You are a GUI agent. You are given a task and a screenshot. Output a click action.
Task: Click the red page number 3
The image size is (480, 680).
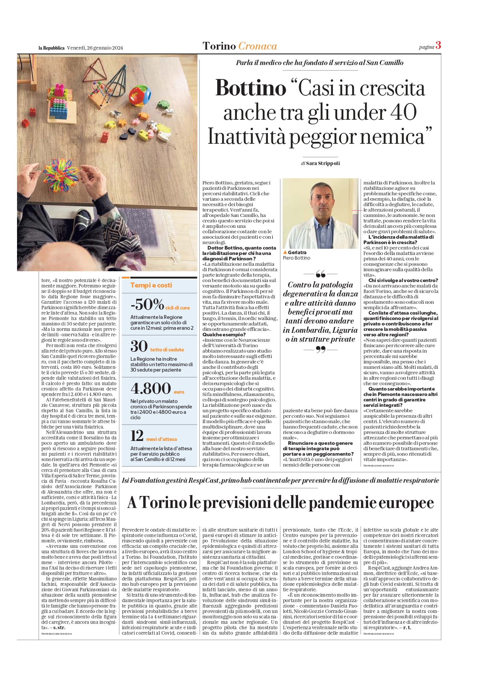(438, 45)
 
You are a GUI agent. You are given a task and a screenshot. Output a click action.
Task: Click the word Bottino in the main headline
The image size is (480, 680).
(250, 88)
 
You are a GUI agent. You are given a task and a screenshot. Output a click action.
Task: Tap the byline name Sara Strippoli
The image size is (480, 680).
(323, 163)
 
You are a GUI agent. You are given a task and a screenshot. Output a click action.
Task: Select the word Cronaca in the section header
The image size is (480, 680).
(257, 46)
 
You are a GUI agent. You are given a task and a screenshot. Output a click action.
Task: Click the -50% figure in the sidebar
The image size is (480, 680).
(147, 304)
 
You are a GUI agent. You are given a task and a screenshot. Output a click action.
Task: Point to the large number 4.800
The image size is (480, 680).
(151, 388)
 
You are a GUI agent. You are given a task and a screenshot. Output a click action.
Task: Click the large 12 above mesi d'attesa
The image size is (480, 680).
(137, 436)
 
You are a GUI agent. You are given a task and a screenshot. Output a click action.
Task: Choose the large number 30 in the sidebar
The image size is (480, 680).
(139, 346)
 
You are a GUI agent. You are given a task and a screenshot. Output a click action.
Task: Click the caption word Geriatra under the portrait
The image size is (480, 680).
(297, 252)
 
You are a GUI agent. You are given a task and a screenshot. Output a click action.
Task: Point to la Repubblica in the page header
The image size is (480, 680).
(51, 48)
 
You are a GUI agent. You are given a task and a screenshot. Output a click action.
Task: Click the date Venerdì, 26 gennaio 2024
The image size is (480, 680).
(95, 48)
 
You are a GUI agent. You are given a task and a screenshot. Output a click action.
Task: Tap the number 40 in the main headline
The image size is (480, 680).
(403, 112)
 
